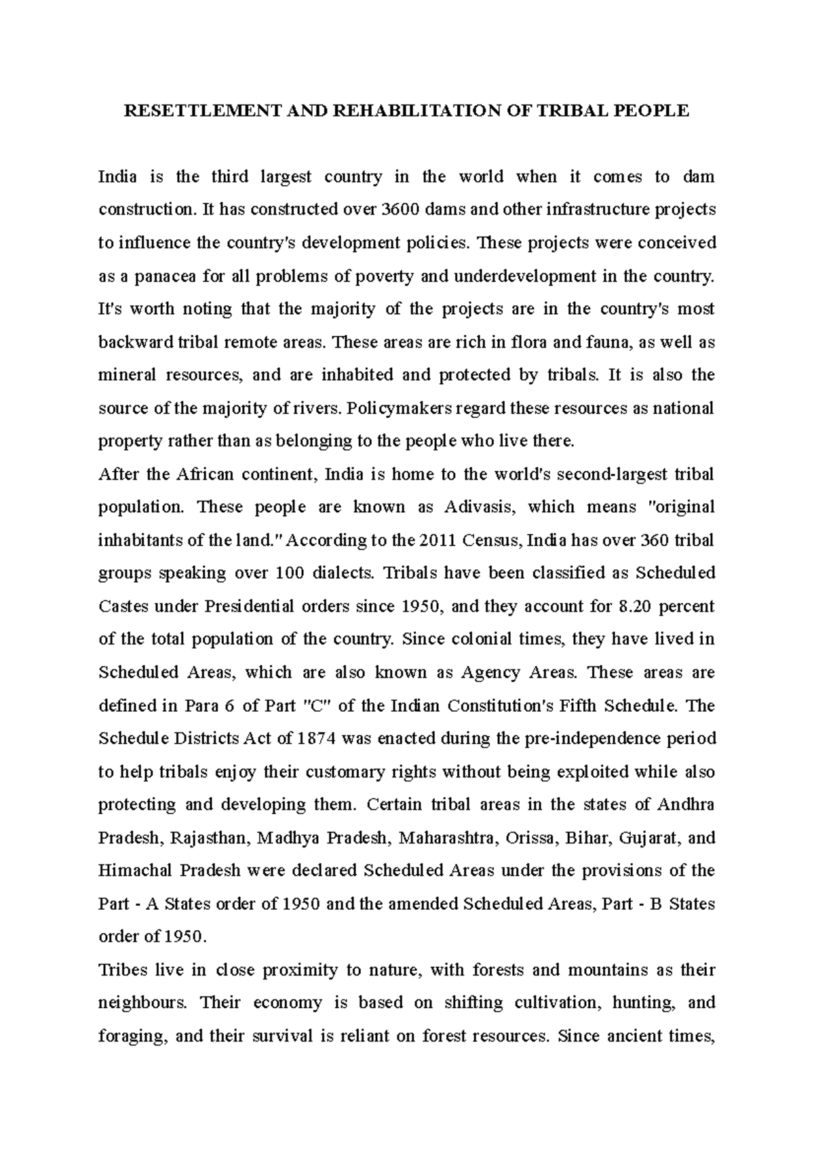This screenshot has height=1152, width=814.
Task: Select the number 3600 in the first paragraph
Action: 398,210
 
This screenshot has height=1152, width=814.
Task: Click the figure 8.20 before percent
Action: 637,607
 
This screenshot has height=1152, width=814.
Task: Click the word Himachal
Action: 130,871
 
